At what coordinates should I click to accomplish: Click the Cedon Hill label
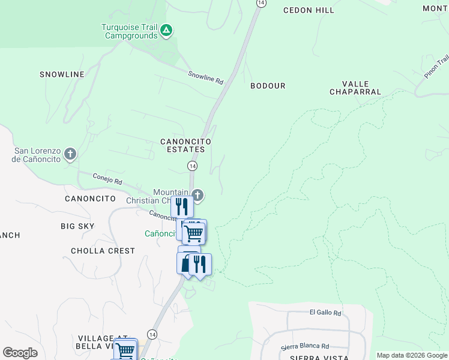[309, 10]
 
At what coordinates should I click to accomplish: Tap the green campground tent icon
[167, 29]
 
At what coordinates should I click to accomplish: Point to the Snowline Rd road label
[205, 77]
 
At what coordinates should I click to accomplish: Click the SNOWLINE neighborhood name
[62, 74]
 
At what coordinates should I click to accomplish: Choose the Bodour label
[268, 86]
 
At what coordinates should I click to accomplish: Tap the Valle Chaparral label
[355, 88]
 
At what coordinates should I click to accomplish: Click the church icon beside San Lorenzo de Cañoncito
[70, 154]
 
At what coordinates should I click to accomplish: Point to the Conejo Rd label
[107, 178]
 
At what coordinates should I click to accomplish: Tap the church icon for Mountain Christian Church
[197, 195]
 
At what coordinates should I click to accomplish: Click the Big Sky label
[77, 226]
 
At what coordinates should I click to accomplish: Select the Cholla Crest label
[103, 251]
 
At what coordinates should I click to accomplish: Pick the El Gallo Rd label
[325, 313]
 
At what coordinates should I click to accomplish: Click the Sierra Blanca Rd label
[305, 346]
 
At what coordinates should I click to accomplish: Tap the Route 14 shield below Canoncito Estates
[192, 165]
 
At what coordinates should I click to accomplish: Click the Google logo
[20, 353]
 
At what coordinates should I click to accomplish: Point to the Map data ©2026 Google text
[411, 355]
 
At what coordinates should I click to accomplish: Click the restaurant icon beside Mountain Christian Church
[182, 206]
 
